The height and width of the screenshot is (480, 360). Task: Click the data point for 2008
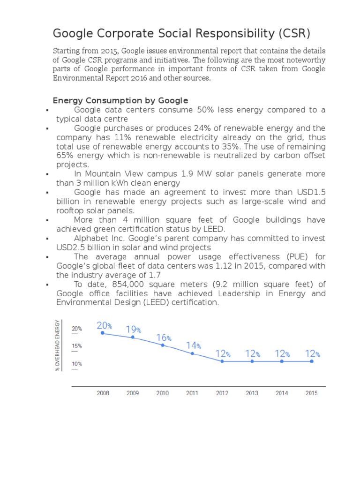(103, 333)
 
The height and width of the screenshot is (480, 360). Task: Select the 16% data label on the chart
(164, 337)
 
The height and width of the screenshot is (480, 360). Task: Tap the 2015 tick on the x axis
(311, 393)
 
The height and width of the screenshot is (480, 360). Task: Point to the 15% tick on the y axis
(77, 346)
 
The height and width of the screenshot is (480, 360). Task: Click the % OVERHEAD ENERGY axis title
(58, 345)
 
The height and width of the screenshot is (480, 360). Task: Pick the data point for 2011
(192, 353)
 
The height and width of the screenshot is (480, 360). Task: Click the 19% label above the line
(134, 330)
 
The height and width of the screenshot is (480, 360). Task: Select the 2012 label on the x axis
(222, 393)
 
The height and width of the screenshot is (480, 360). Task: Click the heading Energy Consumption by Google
(120, 100)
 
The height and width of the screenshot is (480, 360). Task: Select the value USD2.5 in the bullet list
(72, 247)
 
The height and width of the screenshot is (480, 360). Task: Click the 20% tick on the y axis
(77, 329)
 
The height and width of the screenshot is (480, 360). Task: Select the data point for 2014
(282, 361)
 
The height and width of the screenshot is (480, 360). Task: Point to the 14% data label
(194, 345)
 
